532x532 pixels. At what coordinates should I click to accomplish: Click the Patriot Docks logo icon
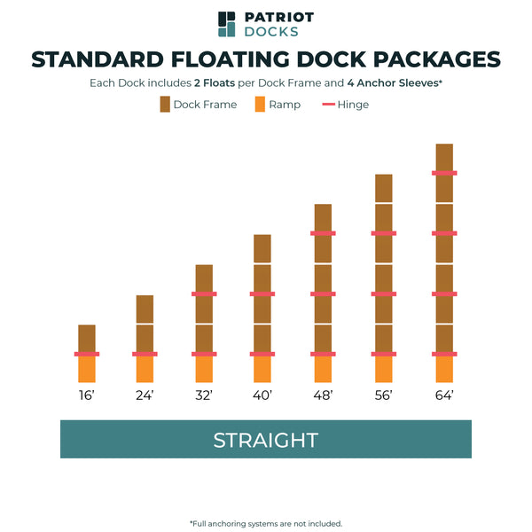[x=227, y=24]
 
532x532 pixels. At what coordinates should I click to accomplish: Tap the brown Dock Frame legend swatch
[x=165, y=105]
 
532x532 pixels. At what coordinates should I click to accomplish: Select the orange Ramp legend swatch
[x=259, y=105]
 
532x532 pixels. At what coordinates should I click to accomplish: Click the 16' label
[x=87, y=395]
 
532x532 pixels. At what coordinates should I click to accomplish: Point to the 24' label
[x=145, y=395]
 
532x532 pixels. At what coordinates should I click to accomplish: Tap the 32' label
[x=204, y=395]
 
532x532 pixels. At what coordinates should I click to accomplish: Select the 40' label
[x=262, y=395]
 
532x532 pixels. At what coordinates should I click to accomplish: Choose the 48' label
[x=322, y=395]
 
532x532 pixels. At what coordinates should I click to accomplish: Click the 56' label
[x=383, y=395]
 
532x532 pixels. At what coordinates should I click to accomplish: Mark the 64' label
[x=444, y=395]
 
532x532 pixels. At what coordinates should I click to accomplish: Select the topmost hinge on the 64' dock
[x=444, y=173]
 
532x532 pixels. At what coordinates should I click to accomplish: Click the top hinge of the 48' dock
[x=323, y=233]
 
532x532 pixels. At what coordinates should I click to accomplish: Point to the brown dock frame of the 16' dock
[x=87, y=338]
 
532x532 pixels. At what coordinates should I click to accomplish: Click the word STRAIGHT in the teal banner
[x=265, y=440]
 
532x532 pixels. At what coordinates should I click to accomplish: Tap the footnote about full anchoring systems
[x=266, y=523]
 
